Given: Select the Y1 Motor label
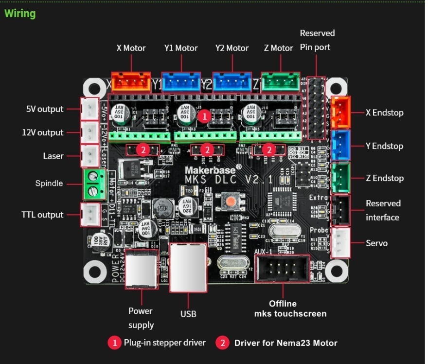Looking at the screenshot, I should pyautogui.click(x=180, y=48).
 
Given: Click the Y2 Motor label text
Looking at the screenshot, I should pyautogui.click(x=232, y=48).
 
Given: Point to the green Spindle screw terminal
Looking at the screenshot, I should pyautogui.click(x=95, y=184).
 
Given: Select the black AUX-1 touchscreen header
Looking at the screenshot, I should pyautogui.click(x=282, y=268).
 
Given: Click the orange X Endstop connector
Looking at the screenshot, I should pyautogui.click(x=340, y=112).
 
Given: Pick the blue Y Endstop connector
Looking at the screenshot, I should pyautogui.click(x=340, y=145).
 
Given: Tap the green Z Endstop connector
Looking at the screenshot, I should pyautogui.click(x=340, y=178).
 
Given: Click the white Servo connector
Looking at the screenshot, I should pyautogui.click(x=340, y=242).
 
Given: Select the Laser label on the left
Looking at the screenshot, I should pyautogui.click(x=53, y=156).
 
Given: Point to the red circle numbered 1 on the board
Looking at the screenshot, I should pyautogui.click(x=205, y=116).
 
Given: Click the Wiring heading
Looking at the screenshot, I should pyautogui.click(x=20, y=13).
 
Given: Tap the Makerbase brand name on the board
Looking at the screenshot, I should pyautogui.click(x=213, y=170).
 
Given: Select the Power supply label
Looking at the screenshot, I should pyautogui.click(x=141, y=318).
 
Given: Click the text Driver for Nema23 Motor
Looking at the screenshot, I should pyautogui.click(x=285, y=343).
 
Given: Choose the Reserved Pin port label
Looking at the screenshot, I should pyautogui.click(x=317, y=40).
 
